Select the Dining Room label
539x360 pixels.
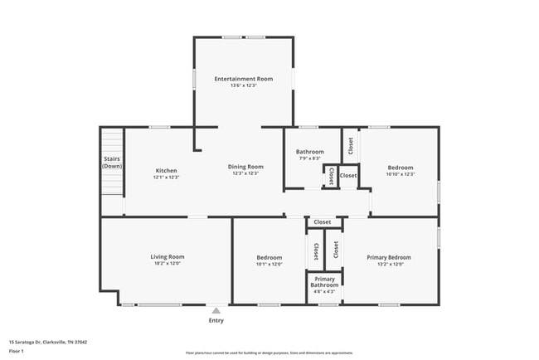(245, 167)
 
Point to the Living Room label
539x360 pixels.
(167, 257)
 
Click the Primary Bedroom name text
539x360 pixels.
(389, 257)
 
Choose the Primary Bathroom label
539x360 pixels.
(324, 282)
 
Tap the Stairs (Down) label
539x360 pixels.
(112, 163)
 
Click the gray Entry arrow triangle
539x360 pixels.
(216, 310)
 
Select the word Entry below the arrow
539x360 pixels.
(216, 320)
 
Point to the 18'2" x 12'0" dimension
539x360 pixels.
(167, 265)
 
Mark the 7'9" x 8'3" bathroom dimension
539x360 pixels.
(309, 158)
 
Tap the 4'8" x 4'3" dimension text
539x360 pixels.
(324, 292)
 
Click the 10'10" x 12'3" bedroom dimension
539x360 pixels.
(400, 174)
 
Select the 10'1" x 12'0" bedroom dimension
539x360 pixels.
(269, 265)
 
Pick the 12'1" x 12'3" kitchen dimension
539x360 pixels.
(166, 177)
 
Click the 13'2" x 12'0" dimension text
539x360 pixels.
(389, 265)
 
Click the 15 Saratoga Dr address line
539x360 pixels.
(48, 342)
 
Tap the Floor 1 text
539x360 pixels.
(17, 351)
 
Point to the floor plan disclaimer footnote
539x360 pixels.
(269, 353)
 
